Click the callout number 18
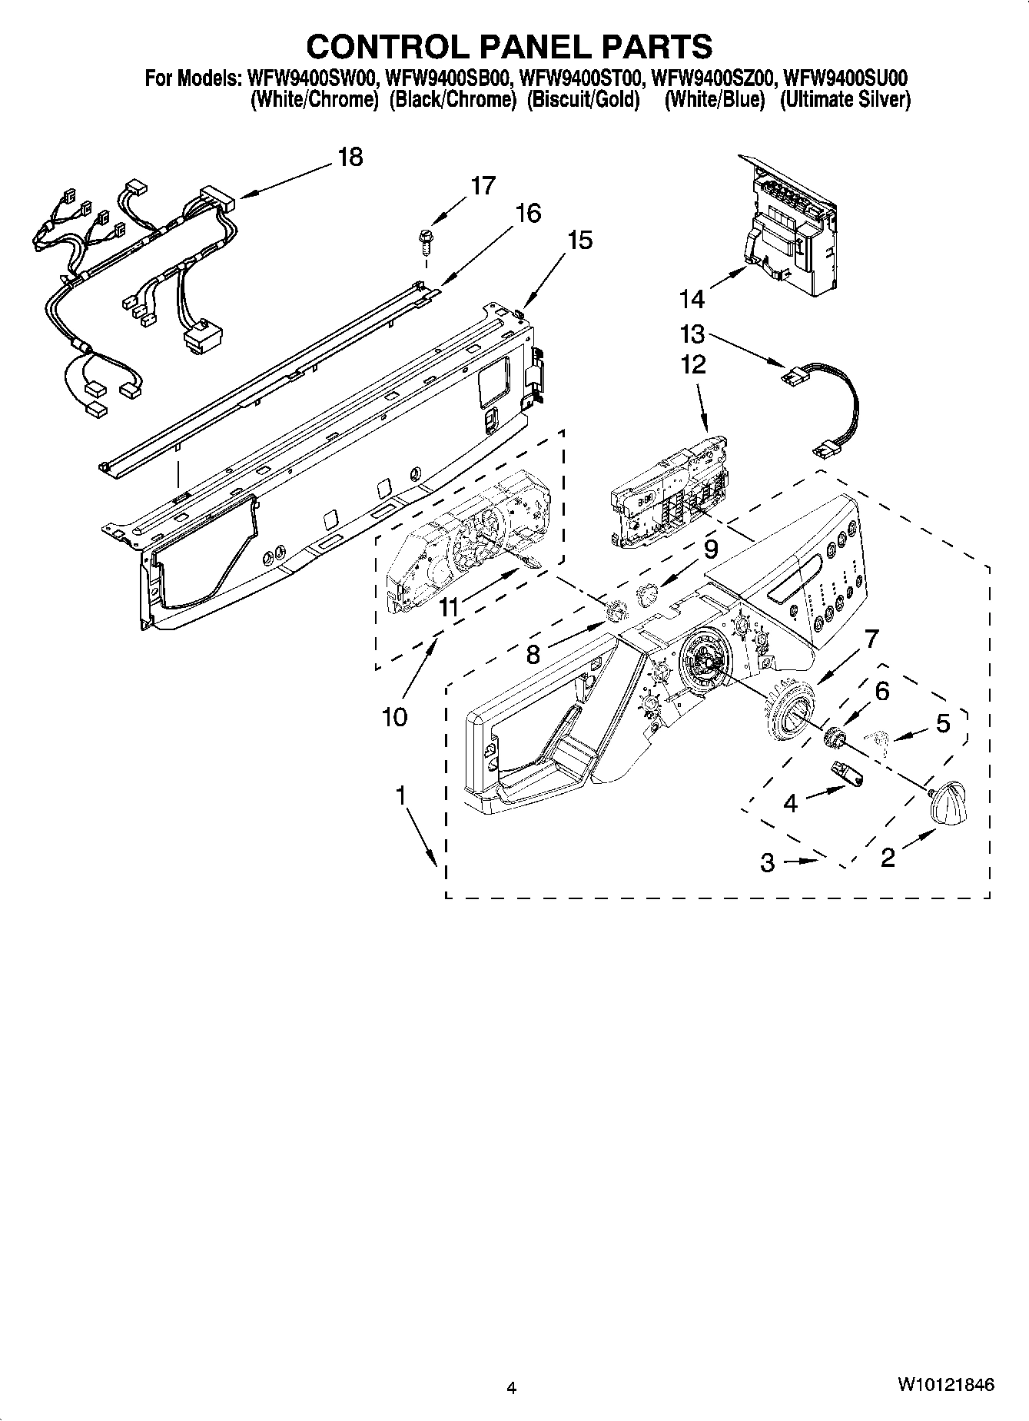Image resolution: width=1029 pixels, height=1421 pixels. pyautogui.click(x=350, y=157)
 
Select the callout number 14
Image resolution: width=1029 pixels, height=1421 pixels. pyautogui.click(x=692, y=299)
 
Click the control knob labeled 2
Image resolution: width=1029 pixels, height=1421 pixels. pyautogui.click(x=947, y=802)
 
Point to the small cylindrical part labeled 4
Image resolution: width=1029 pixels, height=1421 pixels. pyautogui.click(x=848, y=772)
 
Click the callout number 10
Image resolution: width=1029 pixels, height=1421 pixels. pyautogui.click(x=394, y=717)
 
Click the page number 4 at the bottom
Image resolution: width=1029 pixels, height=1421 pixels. pyautogui.click(x=512, y=1387)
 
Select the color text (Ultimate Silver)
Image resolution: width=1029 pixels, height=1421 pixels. pyautogui.click(x=845, y=100)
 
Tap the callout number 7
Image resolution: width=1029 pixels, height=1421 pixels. pyautogui.click(x=870, y=639)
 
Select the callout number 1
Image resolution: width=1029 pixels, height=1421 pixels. pyautogui.click(x=400, y=797)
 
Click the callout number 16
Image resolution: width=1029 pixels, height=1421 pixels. pyautogui.click(x=528, y=213)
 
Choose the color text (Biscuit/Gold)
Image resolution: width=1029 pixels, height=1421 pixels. pyautogui.click(x=583, y=100)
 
